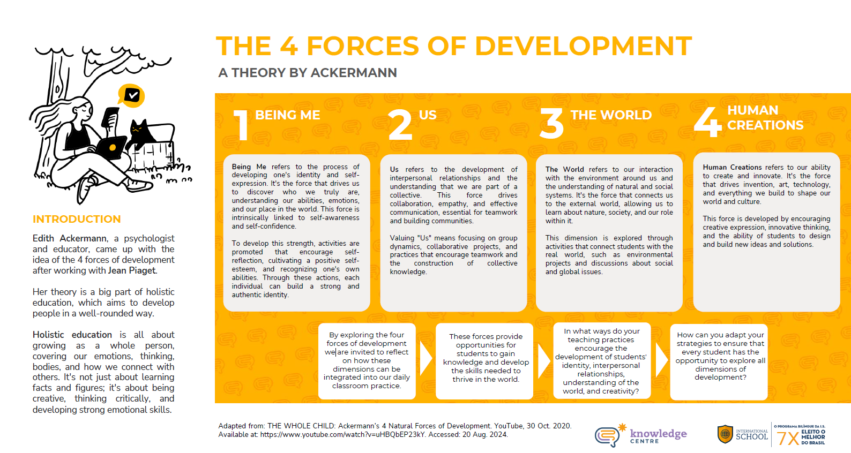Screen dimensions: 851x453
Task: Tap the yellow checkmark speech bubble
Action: click(131, 95)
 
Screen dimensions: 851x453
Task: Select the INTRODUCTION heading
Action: click(77, 219)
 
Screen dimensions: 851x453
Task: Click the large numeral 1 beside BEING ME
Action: click(241, 125)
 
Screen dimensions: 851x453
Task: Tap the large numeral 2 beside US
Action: click(400, 125)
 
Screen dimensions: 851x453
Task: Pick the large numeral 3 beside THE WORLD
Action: click(551, 123)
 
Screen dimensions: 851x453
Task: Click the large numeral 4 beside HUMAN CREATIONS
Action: click(707, 122)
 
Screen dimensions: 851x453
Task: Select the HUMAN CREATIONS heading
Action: click(765, 118)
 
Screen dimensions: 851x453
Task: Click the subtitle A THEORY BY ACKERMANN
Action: click(308, 72)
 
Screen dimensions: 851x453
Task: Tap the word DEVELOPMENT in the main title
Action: click(583, 47)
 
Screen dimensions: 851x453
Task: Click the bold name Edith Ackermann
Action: click(69, 238)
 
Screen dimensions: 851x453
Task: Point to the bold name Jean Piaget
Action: click(132, 270)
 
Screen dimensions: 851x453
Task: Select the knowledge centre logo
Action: click(641, 435)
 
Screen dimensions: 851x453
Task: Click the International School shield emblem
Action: click(725, 434)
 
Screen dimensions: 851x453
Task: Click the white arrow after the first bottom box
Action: click(426, 359)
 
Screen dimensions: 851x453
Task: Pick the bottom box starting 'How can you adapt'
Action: click(719, 361)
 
